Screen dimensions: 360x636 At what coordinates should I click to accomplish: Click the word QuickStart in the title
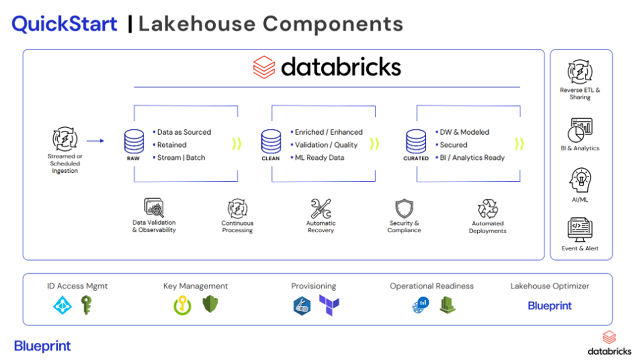click(64, 24)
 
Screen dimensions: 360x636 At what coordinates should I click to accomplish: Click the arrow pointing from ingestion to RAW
click(95, 141)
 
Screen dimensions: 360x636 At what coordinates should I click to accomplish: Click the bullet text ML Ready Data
click(319, 157)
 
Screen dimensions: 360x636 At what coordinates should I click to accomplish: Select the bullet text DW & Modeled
click(464, 132)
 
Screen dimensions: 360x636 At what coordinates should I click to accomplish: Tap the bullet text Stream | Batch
click(181, 157)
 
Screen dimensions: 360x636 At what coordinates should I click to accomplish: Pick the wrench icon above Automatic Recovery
click(321, 209)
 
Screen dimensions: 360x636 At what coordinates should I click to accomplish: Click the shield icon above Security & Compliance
click(404, 209)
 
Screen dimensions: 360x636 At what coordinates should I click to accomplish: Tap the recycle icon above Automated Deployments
click(488, 209)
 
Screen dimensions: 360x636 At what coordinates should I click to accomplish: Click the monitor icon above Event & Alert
click(580, 231)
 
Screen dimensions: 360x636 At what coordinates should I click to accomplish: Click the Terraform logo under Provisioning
click(329, 305)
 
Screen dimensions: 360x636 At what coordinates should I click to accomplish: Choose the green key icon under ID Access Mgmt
click(86, 305)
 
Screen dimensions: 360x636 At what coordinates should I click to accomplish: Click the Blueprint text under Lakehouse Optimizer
click(550, 306)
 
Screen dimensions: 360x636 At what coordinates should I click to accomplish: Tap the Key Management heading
click(196, 286)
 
